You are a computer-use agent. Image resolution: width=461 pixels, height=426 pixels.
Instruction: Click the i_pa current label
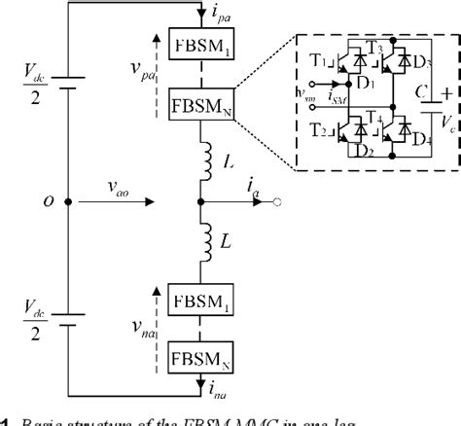coord(227,15)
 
